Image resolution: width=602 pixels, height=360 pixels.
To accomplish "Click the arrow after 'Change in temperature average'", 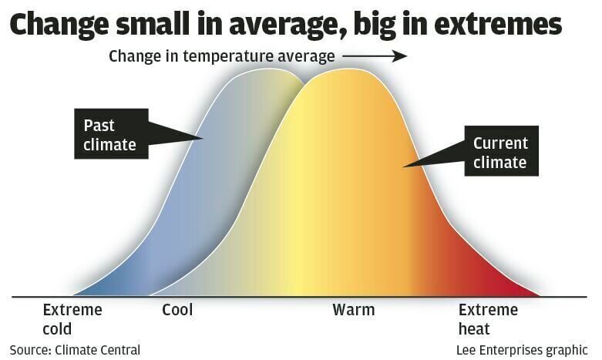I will click(x=375, y=56).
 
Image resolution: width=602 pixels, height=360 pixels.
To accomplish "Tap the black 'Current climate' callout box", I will click(x=499, y=152).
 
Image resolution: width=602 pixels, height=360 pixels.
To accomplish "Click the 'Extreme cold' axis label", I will click(x=72, y=319).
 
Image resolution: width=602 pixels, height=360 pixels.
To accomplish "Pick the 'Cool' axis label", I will click(x=177, y=311).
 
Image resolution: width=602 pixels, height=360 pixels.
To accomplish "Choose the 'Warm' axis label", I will click(x=353, y=311).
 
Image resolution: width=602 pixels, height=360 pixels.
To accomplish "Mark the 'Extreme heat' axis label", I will click(x=488, y=319).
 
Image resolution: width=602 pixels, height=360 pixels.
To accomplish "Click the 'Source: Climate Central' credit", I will click(x=75, y=349).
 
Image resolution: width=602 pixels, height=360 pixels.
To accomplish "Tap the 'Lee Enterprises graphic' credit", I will click(x=523, y=349).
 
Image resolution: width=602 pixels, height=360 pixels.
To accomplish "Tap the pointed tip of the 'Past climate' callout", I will click(x=202, y=139).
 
